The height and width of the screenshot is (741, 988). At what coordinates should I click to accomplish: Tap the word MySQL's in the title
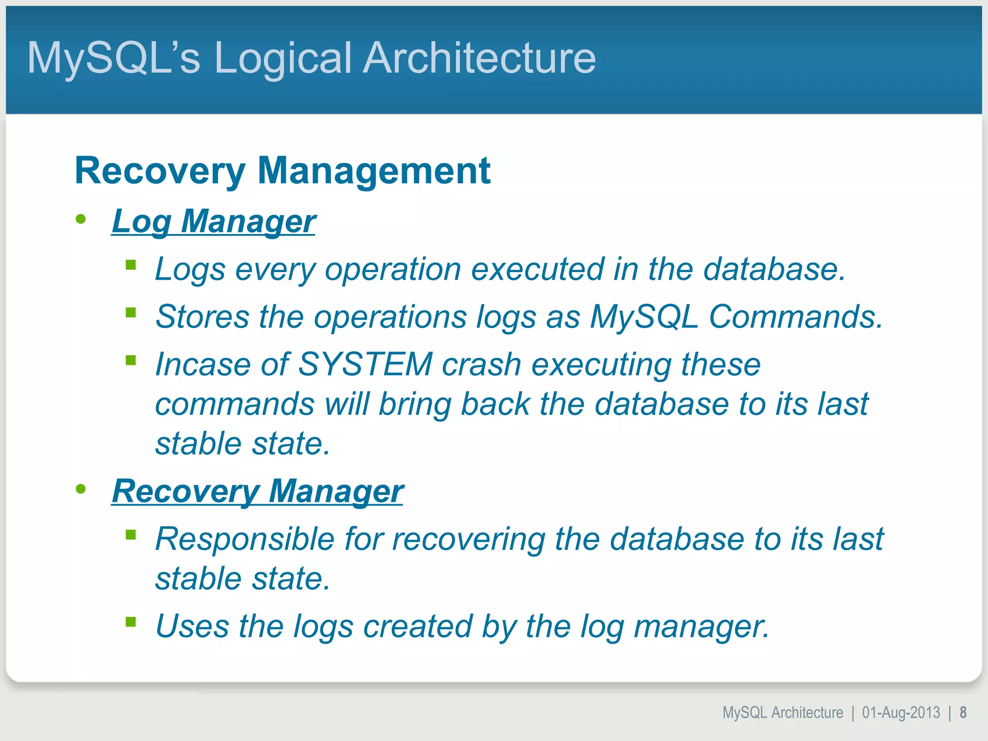click(113, 58)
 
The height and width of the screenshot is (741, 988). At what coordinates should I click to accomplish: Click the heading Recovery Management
click(282, 171)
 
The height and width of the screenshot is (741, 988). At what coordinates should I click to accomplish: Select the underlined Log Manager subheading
click(214, 221)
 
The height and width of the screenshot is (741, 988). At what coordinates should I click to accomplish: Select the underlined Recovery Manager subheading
click(258, 491)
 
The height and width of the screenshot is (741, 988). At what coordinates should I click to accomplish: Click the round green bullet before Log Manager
click(81, 220)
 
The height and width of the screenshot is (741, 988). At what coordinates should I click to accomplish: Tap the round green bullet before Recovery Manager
click(81, 489)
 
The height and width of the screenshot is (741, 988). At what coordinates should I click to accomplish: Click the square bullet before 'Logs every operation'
click(131, 265)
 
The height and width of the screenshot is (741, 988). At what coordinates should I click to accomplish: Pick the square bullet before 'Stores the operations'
click(131, 313)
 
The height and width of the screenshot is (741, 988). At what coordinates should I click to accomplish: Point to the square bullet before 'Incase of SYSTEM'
click(131, 360)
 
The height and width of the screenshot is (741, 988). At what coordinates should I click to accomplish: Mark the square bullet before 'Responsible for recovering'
click(131, 535)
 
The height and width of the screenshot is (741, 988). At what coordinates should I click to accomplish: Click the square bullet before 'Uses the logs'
click(131, 622)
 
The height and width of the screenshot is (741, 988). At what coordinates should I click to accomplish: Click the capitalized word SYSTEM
click(365, 364)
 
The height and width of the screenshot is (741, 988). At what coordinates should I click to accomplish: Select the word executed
click(537, 269)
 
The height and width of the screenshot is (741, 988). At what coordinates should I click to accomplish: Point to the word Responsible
click(245, 538)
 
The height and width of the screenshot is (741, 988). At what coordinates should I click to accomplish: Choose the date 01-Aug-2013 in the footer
click(901, 713)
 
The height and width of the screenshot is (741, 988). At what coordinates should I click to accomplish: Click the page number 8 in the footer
click(963, 713)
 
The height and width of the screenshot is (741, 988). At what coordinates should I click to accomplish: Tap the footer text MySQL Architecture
click(782, 713)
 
